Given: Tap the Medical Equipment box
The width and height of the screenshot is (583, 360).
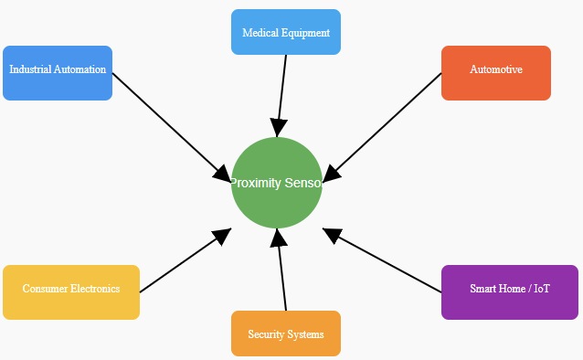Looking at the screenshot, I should (x=286, y=32).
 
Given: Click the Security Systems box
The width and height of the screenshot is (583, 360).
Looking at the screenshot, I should (x=286, y=334).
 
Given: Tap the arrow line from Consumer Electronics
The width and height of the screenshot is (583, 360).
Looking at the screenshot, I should (x=178, y=265).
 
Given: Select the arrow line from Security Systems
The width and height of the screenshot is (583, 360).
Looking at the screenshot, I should (x=282, y=278).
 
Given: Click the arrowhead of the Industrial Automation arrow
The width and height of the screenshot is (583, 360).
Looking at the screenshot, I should (x=222, y=173).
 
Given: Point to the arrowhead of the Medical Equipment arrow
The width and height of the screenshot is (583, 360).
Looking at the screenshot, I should (x=279, y=127).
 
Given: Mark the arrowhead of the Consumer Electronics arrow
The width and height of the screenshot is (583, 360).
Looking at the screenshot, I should (x=221, y=237).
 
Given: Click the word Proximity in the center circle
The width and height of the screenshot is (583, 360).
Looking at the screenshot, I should (x=255, y=183).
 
